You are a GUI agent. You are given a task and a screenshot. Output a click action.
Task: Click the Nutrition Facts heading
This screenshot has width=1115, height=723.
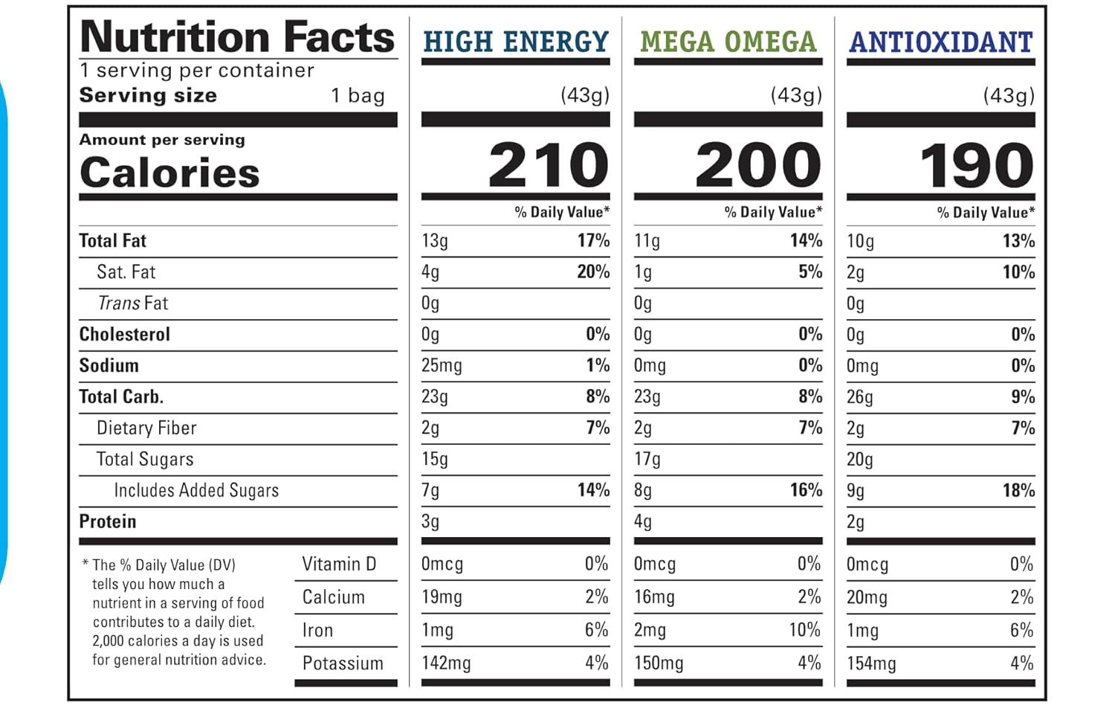pyautogui.click(x=237, y=37)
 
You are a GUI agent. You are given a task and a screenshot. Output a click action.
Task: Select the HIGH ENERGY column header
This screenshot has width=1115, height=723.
pyautogui.click(x=516, y=42)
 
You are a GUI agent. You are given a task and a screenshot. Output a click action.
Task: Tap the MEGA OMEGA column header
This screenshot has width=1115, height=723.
pyautogui.click(x=728, y=42)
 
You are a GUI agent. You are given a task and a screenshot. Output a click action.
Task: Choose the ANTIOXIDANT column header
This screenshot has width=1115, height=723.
pyautogui.click(x=941, y=42)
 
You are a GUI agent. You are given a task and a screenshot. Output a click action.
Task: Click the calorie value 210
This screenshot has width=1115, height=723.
pyautogui.click(x=549, y=165)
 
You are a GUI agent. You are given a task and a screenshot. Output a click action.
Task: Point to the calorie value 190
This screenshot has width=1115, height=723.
pyautogui.click(x=976, y=165)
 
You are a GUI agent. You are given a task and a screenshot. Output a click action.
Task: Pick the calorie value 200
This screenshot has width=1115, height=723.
pyautogui.click(x=757, y=165)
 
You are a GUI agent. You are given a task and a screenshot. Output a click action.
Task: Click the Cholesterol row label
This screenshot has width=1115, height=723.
pyautogui.click(x=125, y=335)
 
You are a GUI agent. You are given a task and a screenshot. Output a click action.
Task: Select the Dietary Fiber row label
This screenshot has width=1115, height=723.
pyautogui.click(x=146, y=428)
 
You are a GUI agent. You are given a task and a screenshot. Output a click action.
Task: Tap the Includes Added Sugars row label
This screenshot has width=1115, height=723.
pyautogui.click(x=196, y=491)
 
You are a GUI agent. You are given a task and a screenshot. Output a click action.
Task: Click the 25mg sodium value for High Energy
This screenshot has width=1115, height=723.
pyautogui.click(x=442, y=366)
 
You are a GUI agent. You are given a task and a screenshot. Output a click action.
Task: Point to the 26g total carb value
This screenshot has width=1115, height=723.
pyautogui.click(x=859, y=397)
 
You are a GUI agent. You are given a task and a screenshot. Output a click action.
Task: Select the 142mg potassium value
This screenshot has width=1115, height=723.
pyautogui.click(x=446, y=663)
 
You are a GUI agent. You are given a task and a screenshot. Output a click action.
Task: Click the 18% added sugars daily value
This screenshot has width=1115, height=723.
pyautogui.click(x=1018, y=490)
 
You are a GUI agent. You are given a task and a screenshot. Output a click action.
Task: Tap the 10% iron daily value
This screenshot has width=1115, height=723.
pyautogui.click(x=804, y=630)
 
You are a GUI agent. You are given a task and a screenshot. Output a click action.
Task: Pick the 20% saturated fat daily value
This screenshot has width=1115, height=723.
pyautogui.click(x=593, y=271)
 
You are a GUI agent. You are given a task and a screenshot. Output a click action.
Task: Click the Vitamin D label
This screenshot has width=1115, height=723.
pyautogui.click(x=339, y=565)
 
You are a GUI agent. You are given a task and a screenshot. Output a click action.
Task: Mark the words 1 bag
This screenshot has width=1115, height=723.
pyautogui.click(x=358, y=96)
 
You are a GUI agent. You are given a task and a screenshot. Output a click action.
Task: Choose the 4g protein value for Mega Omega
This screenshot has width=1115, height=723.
pyautogui.click(x=643, y=522)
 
